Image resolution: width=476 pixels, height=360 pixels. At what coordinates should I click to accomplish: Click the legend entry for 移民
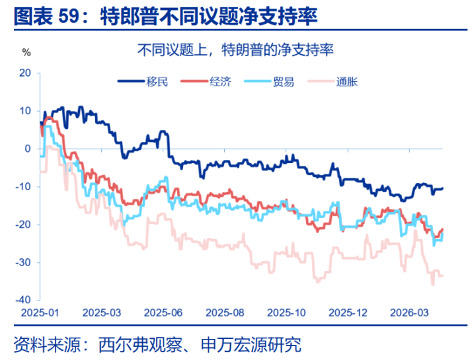point(143,82)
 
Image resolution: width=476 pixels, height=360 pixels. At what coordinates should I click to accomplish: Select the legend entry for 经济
point(208,82)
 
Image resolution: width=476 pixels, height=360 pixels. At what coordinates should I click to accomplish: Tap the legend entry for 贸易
point(271,82)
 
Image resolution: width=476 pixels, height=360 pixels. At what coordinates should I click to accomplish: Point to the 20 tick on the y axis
point(26,73)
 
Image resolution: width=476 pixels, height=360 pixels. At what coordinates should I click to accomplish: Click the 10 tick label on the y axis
point(26,110)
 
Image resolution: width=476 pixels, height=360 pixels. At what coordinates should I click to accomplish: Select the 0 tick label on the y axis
point(28,149)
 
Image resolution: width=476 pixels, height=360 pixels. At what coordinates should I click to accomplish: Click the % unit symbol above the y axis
point(26,52)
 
